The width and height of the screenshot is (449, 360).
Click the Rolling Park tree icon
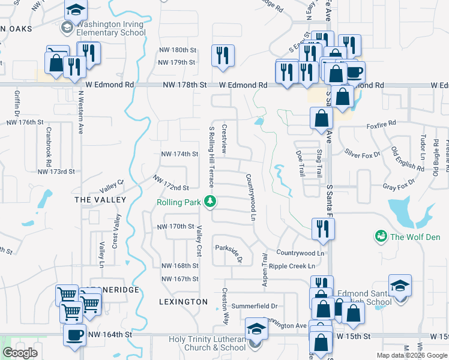(210, 202)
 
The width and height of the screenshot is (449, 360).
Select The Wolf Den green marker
(379, 236)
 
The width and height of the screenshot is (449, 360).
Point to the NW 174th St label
(180, 154)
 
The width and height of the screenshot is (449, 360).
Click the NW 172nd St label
(170, 183)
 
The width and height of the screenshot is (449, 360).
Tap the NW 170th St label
(175, 227)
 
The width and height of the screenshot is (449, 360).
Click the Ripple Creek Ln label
(292, 266)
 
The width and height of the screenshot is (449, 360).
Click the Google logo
(20, 353)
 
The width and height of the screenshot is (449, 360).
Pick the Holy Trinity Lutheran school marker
(256, 330)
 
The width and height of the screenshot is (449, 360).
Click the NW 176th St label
(25, 122)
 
